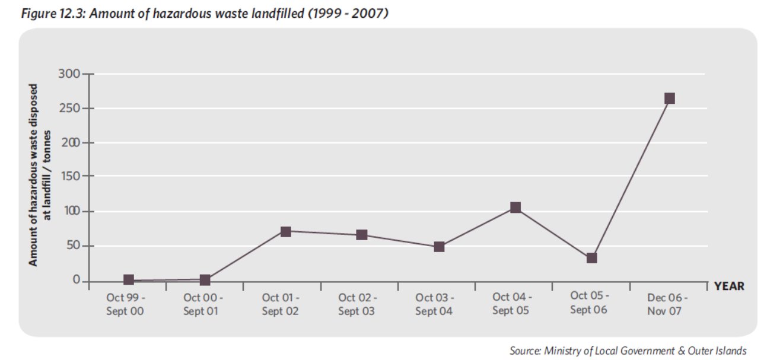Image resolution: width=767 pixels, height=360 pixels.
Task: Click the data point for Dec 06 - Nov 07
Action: [x=669, y=98]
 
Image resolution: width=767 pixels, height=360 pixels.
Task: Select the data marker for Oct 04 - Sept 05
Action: [x=515, y=208]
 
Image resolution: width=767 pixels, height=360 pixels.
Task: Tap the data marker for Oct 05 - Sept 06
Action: [x=591, y=258]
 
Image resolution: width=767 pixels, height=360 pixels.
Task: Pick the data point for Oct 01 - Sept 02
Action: [x=285, y=231]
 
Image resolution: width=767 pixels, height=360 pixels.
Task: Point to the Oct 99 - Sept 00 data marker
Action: [x=129, y=280]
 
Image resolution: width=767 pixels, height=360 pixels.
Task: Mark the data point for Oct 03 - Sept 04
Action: [x=439, y=247]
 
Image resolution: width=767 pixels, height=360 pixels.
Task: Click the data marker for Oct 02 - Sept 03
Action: [x=361, y=235]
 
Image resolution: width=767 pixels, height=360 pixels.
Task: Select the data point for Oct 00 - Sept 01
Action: [x=205, y=280]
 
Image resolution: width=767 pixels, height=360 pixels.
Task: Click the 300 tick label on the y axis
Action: [x=69, y=74]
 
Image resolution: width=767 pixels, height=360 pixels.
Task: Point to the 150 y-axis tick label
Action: [x=69, y=177]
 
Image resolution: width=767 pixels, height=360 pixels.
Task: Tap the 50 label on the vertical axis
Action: [x=72, y=246]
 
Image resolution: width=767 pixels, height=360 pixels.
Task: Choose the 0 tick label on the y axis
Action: [x=77, y=281]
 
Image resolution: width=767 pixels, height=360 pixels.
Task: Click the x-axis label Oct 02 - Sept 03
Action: [x=357, y=304]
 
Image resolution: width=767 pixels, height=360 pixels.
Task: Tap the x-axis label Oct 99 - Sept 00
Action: [x=126, y=304]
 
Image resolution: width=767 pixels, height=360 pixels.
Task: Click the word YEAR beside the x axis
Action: [x=729, y=286]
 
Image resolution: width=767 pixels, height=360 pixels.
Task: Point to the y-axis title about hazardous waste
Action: [x=40, y=175]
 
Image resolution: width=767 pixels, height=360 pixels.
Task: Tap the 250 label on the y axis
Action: [x=69, y=109]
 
